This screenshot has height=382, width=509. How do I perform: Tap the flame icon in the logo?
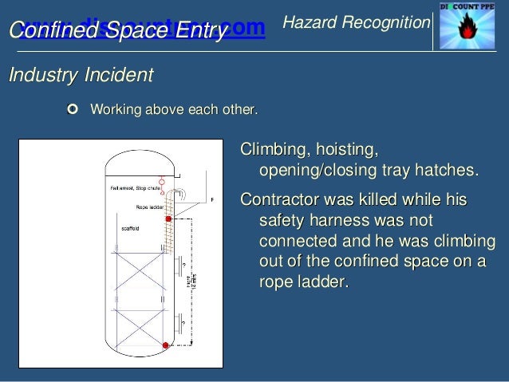click(470, 30)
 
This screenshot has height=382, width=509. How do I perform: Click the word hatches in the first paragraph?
click(448, 171)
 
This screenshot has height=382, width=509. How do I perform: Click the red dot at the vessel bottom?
click(165, 345)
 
